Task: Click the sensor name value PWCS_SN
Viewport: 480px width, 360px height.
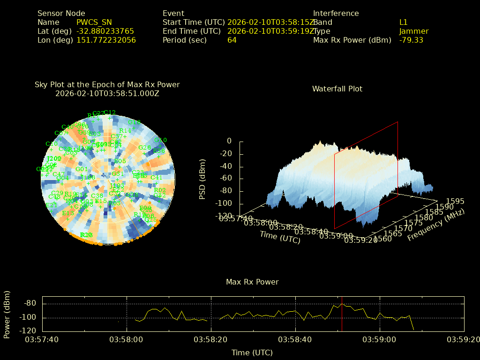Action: (x=94, y=22)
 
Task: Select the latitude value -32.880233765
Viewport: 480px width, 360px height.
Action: (x=105, y=31)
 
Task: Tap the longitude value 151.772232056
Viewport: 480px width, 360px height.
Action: (x=106, y=40)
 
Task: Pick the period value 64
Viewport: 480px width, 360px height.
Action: (x=232, y=40)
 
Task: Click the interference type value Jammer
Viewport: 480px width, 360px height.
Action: (x=414, y=31)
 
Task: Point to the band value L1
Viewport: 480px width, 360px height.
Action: (x=404, y=22)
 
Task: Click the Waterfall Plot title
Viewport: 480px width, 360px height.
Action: (x=337, y=89)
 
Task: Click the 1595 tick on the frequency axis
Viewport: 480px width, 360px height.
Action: (x=456, y=202)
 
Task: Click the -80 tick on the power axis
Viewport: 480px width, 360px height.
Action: (x=30, y=303)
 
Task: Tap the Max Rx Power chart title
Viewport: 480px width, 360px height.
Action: (x=252, y=282)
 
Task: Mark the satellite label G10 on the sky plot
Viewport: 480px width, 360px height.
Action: (x=161, y=140)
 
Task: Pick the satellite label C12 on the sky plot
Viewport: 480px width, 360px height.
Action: (x=110, y=112)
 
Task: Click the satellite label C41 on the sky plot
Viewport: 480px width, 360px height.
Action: (x=157, y=178)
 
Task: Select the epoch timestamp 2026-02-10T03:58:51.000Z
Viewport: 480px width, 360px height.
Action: (x=107, y=94)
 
